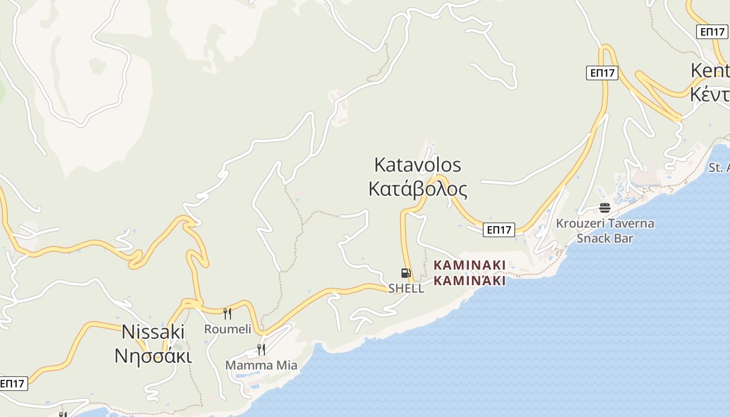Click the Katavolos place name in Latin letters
(418, 165)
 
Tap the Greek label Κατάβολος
(418, 189)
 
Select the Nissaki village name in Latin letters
(153, 332)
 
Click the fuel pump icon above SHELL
(406, 273)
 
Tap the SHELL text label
(406, 288)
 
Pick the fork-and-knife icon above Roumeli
(227, 313)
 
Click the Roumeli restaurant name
(227, 329)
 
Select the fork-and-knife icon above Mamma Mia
(261, 349)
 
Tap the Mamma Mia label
(261, 365)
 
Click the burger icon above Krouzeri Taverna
(605, 208)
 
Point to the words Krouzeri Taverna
(605, 224)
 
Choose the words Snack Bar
(605, 238)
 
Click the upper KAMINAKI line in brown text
(470, 265)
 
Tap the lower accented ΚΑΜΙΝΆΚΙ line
(470, 281)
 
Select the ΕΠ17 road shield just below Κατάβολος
(499, 229)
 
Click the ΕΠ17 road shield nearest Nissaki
(13, 384)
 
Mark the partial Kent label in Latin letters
(710, 71)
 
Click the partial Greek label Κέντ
(710, 94)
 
